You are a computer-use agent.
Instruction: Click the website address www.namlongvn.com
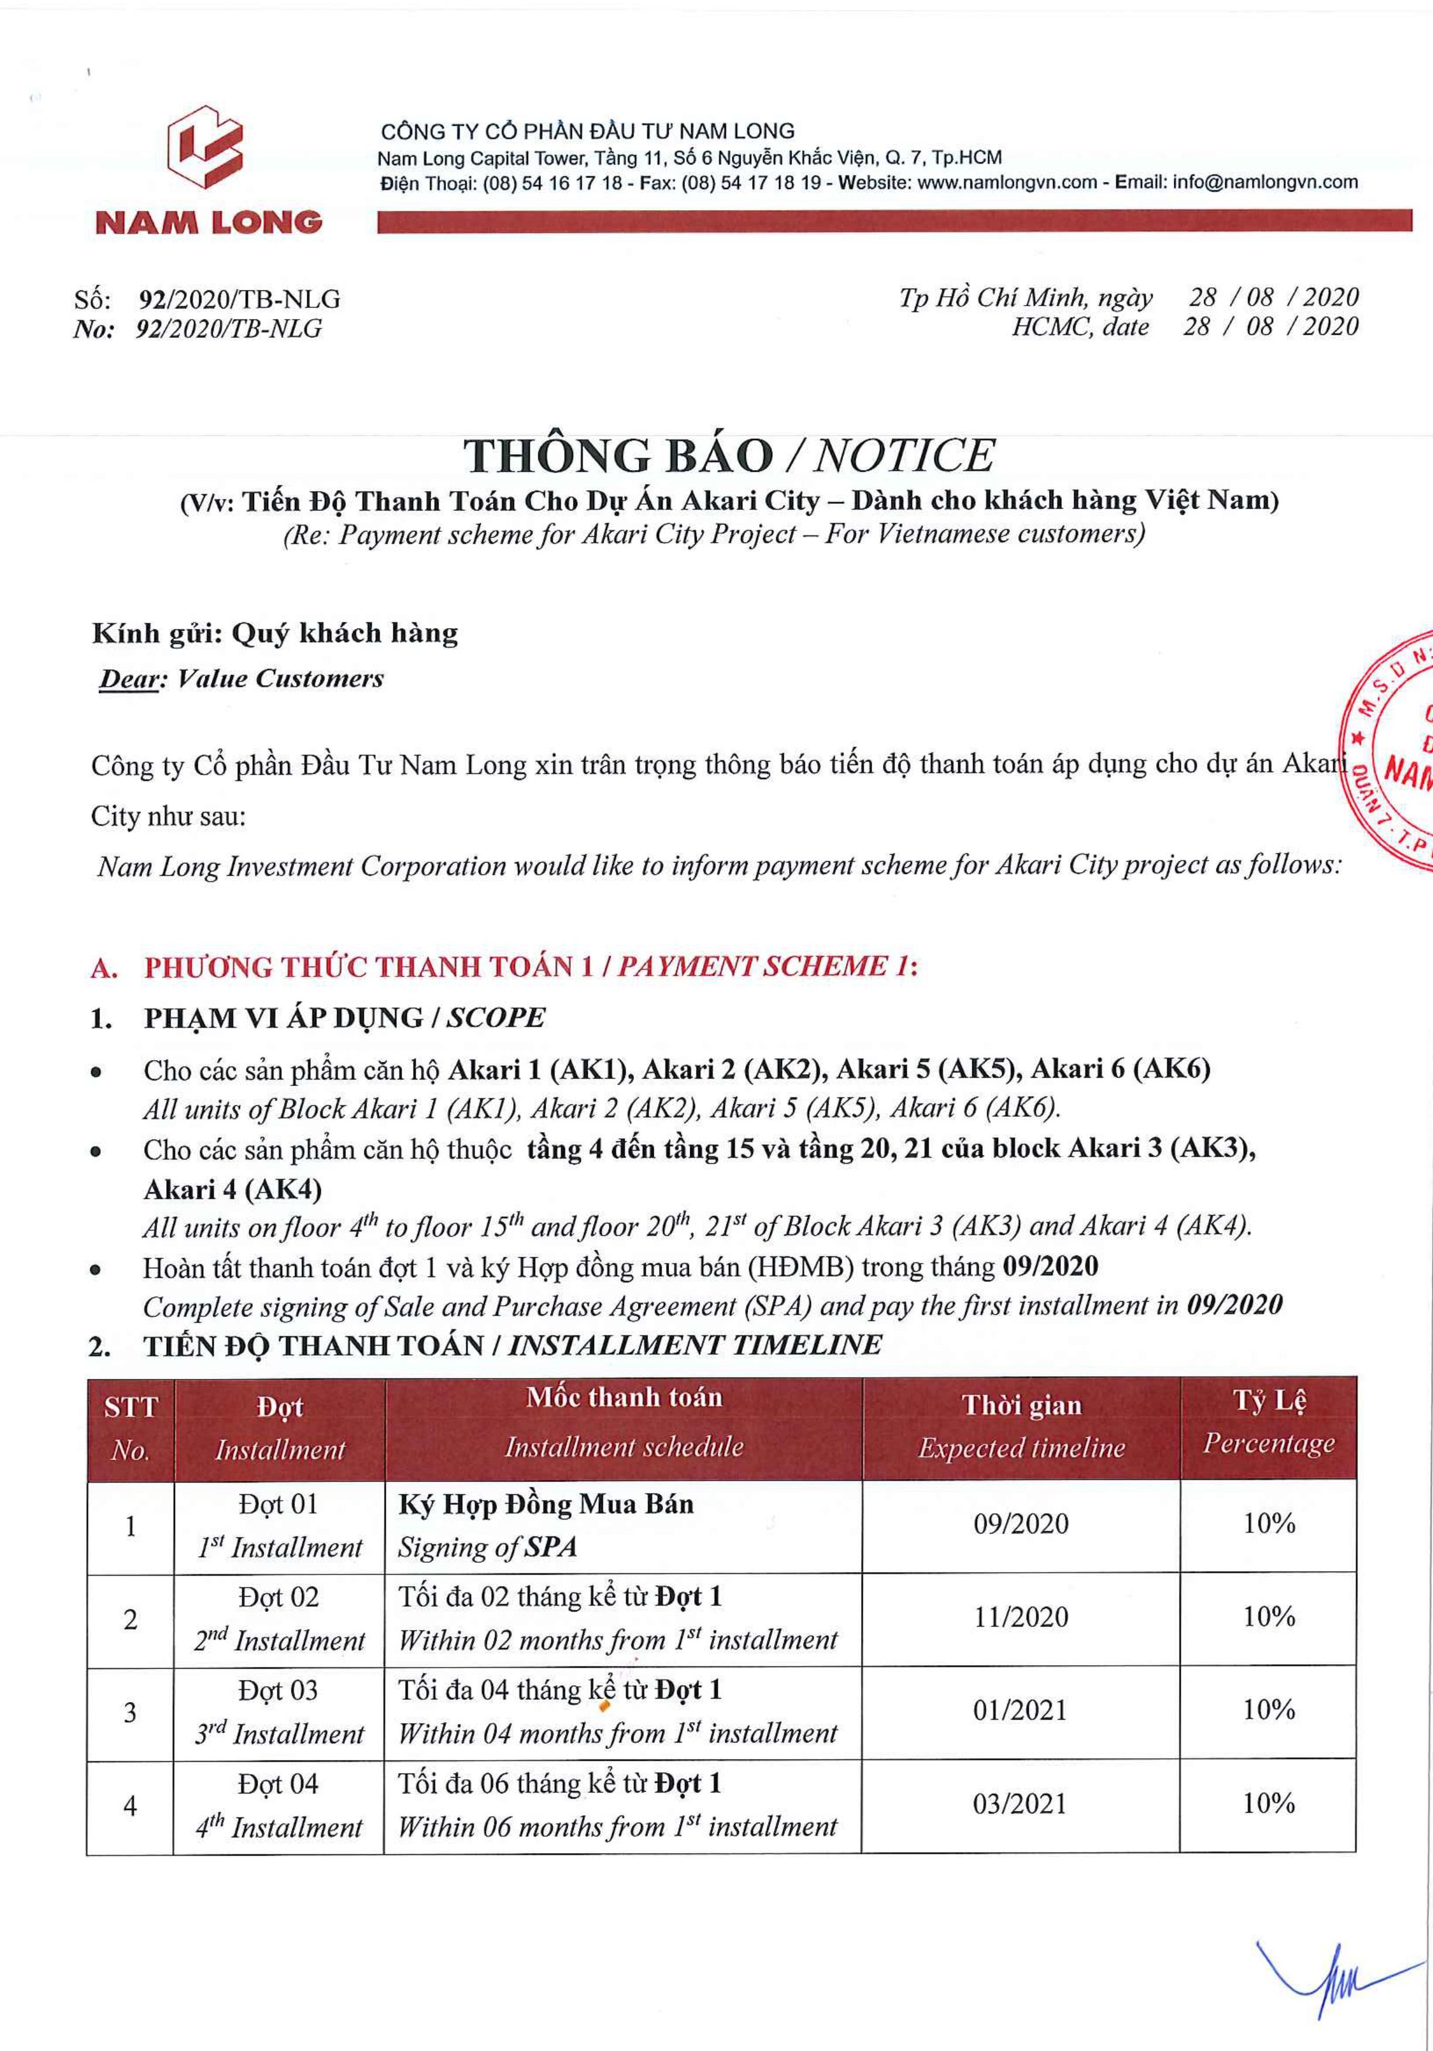[1007, 182]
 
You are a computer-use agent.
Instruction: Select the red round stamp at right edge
[1394, 750]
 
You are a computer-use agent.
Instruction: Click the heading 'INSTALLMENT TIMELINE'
[694, 1345]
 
